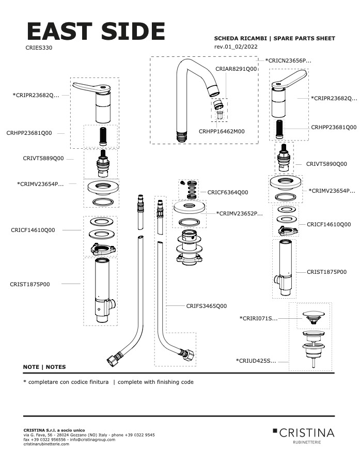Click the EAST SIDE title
click(96, 32)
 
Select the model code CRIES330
click(39, 48)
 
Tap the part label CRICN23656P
click(288, 60)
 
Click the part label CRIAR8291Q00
click(236, 68)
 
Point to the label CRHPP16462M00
click(222, 131)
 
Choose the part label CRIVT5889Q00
click(43, 159)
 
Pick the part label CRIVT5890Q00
click(326, 164)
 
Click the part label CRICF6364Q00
click(228, 192)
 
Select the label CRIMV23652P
click(239, 213)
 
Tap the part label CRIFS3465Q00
click(206, 306)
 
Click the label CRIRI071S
click(258, 318)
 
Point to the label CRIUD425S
click(256, 361)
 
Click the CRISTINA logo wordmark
click(307, 432)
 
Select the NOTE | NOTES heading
click(44, 367)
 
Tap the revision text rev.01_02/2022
click(236, 47)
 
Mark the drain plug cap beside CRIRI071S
click(313, 315)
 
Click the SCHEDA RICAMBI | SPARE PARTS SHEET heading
click(274, 38)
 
